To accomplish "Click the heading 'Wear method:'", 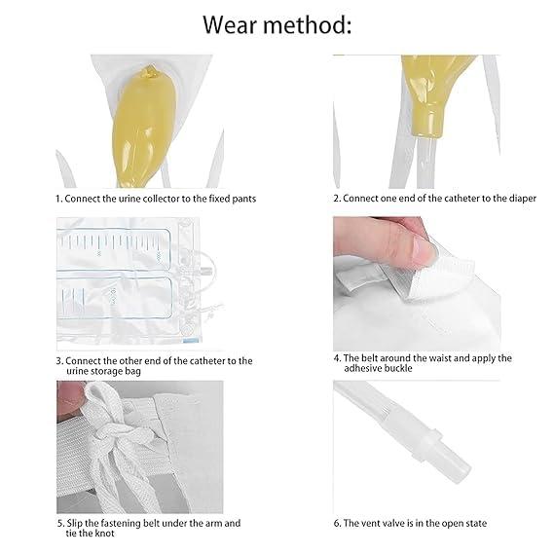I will coord(277,25).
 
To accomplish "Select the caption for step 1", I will coord(162,198).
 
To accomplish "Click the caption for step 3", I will coord(154,365).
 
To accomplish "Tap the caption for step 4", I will coord(426,363).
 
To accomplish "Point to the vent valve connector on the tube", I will coord(438,451).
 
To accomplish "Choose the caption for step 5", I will coord(147,529).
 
